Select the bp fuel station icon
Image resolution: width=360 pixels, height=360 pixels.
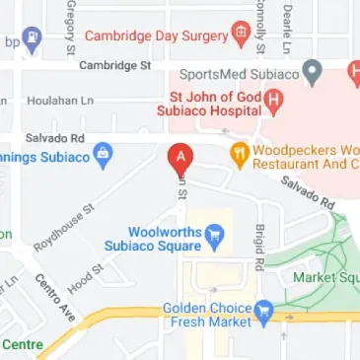coord(32,41)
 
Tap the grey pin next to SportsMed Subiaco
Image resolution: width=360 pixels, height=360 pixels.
coord(314,71)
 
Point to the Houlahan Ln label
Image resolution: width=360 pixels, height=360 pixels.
coord(53,101)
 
